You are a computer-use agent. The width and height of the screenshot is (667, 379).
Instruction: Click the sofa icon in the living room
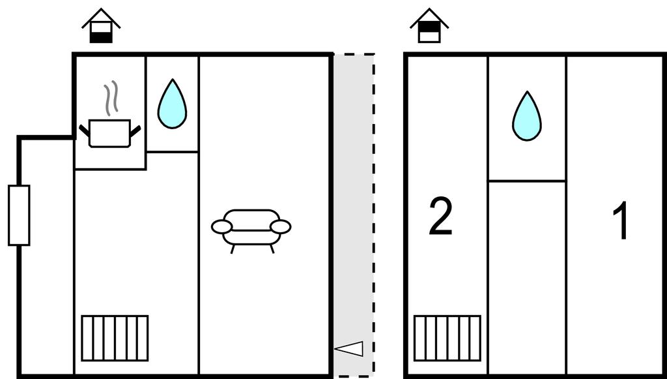[x=251, y=228]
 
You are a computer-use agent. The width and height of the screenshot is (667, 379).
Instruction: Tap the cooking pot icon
[x=109, y=133]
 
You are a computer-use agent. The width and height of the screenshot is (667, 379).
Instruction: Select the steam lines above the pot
[x=112, y=98]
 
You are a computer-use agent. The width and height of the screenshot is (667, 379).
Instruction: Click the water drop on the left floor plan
[x=172, y=105]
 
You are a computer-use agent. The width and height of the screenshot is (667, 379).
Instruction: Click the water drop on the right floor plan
[x=526, y=117]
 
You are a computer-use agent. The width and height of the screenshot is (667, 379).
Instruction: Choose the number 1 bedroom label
[x=621, y=221]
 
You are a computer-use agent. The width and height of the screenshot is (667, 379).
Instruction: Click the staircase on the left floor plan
[x=115, y=338]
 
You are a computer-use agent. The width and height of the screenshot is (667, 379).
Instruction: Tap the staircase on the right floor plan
[x=447, y=338]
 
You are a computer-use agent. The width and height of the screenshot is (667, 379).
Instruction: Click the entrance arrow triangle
[x=350, y=349]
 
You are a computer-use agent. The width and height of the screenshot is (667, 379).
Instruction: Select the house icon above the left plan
[x=101, y=25]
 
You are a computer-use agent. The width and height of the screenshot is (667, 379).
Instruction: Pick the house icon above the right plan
[x=429, y=25]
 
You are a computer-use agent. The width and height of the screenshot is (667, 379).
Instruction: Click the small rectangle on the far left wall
[x=19, y=215]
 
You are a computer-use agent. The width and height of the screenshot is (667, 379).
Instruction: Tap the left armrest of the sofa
[x=221, y=227]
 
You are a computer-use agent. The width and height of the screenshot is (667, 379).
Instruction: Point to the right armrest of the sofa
[x=281, y=227]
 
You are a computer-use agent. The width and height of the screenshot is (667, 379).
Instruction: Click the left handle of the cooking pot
[x=84, y=130]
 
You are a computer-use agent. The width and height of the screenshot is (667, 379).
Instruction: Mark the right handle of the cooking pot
[x=135, y=130]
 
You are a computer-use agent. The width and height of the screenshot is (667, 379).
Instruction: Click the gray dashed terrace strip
[x=354, y=196]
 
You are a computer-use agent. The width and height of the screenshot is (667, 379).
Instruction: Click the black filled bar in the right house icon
[x=429, y=27]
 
